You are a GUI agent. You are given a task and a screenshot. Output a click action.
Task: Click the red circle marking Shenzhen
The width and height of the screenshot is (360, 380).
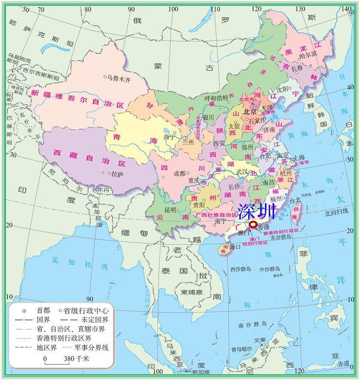coord(253,225)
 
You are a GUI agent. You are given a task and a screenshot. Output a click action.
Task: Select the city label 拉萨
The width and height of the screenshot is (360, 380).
coord(117,174)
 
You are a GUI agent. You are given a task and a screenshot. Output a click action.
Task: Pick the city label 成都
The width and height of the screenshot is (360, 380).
coord(180,173)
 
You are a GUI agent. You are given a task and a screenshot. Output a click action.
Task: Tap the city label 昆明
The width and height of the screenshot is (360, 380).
coord(170,209)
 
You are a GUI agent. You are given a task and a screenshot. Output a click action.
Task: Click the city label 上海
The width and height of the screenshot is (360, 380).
coord(299,157)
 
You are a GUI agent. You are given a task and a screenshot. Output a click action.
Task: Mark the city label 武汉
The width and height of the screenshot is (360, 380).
coord(242,171)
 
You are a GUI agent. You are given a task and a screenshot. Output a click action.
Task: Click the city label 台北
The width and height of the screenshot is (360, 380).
coord(295,200)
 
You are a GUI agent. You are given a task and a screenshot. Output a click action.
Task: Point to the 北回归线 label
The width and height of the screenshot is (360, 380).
coord(336,210)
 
